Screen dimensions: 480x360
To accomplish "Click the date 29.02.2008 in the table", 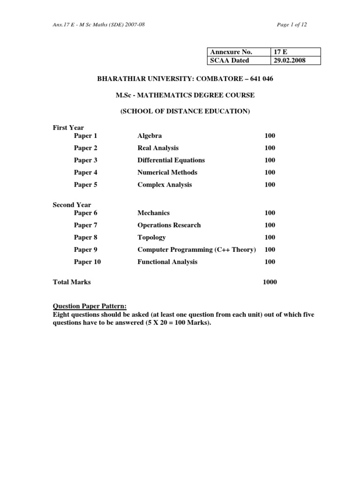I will click(289, 60).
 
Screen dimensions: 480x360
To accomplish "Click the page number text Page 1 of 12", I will click(292, 24).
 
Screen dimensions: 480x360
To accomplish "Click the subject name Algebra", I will click(150, 135).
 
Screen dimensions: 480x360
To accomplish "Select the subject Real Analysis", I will click(158, 148).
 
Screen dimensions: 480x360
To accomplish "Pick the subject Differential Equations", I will click(171, 160).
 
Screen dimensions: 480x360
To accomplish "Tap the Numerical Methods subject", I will click(167, 172).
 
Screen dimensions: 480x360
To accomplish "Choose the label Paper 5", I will click(85, 185).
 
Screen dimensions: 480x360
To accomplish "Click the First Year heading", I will click(68, 127).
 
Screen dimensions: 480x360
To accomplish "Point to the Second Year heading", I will click(72, 205).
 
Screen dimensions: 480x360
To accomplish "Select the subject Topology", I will click(151, 237).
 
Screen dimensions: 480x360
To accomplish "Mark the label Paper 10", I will click(87, 262).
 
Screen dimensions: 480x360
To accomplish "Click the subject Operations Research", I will click(169, 225).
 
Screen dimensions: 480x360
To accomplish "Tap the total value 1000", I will click(270, 282).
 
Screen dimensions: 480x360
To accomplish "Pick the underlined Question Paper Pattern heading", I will click(90, 307).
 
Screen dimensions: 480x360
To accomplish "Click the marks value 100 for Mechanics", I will click(270, 213).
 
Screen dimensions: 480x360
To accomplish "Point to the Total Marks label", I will click(72, 282).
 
